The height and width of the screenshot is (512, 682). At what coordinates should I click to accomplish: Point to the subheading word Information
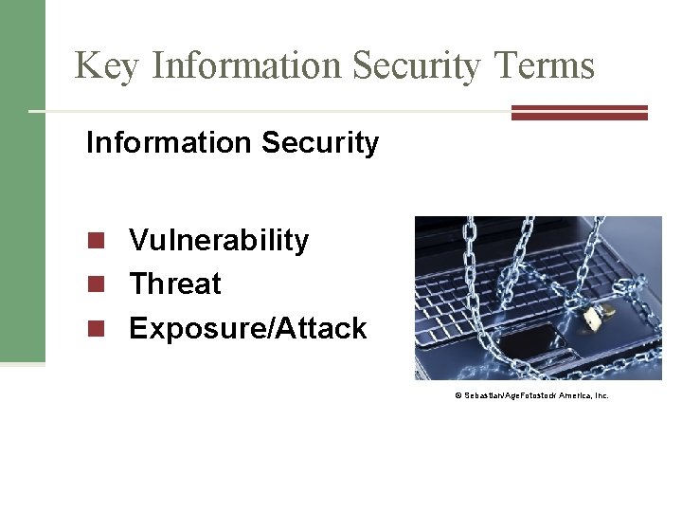click(x=156, y=142)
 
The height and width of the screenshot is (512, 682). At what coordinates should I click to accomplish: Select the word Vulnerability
click(x=219, y=241)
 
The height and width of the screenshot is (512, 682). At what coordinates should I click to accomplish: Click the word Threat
click(x=175, y=283)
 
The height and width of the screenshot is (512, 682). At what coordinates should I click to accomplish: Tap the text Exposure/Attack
click(x=247, y=328)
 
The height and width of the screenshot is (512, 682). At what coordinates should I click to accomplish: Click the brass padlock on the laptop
click(x=594, y=318)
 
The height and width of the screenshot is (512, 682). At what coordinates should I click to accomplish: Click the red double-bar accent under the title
click(x=579, y=112)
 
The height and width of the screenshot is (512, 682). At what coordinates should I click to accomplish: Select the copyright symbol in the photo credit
click(x=458, y=394)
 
